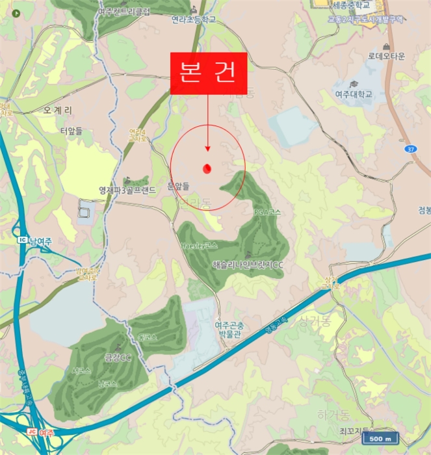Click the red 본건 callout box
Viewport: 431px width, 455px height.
(x=208, y=73)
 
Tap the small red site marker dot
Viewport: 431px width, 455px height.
(x=207, y=168)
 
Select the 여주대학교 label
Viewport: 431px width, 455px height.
(x=354, y=94)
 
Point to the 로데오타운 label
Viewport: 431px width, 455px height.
(x=386, y=56)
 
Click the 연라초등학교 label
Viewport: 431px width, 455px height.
(x=193, y=20)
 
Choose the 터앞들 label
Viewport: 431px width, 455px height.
(x=72, y=131)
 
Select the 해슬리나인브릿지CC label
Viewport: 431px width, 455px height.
(x=248, y=265)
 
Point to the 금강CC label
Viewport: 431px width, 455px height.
(x=118, y=357)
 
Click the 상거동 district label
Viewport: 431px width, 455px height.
(x=315, y=320)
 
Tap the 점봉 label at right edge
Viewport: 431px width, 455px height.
(x=423, y=209)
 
